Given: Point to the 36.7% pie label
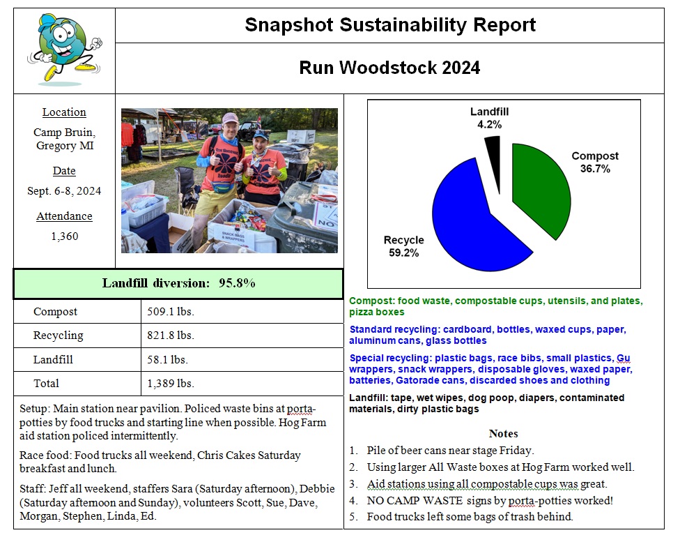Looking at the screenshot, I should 595,169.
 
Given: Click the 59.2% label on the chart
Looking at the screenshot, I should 403,253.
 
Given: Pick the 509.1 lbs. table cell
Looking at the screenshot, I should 171,312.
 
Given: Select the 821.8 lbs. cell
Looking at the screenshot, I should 171,336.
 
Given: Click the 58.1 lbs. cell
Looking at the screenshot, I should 168,359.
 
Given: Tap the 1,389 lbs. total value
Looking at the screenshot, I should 171,383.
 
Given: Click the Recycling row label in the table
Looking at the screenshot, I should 59,336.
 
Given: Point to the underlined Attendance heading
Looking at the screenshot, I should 64,216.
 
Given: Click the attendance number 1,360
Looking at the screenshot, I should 64,236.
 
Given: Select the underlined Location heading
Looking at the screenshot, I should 64,112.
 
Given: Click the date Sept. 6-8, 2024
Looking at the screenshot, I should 64,191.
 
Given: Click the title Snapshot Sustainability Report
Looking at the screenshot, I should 389,25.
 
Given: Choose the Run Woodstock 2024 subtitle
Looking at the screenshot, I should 389,68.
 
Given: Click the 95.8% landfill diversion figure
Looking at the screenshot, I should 237,283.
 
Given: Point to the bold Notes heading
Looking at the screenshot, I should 503,433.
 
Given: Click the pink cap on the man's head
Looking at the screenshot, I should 230,118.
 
